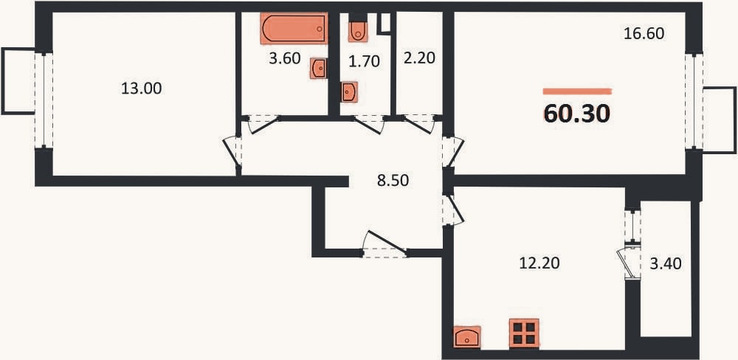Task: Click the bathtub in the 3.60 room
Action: (294, 28)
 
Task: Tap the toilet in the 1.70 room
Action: (358, 30)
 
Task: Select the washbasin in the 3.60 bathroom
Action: (319, 68)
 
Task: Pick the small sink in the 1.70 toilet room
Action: (349, 91)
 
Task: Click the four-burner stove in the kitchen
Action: (524, 333)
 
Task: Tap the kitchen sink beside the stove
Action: (467, 337)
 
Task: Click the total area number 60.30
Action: (577, 114)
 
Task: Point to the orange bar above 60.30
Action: (577, 91)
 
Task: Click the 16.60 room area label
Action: (644, 34)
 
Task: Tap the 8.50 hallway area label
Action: (393, 180)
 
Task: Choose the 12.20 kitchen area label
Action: (539, 263)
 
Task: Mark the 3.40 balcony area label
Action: (666, 264)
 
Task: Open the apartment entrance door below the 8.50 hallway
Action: (385, 245)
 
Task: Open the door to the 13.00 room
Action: (232, 150)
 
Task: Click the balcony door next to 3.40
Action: (630, 262)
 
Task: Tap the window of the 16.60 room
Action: (694, 102)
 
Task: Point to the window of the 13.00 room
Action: (44, 100)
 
